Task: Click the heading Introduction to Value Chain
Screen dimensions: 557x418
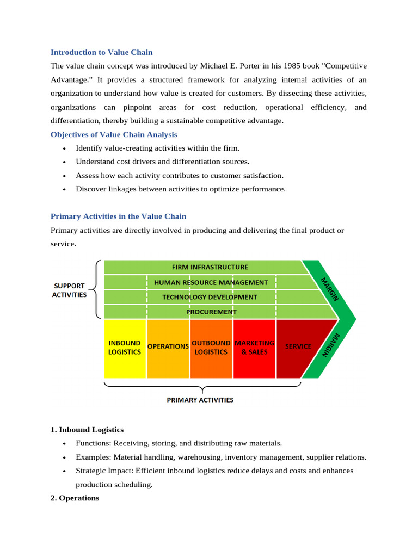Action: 101,52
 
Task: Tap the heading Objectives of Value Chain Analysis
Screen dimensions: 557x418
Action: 114,134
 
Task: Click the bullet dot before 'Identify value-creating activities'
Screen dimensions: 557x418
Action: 64,148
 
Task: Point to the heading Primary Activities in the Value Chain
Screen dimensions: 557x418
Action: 118,216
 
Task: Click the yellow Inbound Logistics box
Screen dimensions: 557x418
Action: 125,348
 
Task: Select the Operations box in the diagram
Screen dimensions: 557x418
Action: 168,348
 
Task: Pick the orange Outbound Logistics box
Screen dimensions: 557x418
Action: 211,348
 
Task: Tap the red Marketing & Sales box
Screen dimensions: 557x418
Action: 254,348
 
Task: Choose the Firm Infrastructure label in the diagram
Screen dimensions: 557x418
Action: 210,267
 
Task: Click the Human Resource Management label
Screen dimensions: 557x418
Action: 211,282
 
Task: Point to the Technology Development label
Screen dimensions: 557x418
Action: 210,297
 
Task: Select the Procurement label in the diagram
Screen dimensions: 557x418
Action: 211,312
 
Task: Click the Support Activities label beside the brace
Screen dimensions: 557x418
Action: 69,290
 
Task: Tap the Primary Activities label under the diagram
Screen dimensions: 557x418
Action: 200,400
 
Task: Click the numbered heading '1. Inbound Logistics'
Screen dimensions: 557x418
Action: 87,430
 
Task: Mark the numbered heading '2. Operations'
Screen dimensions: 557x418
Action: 75,498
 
